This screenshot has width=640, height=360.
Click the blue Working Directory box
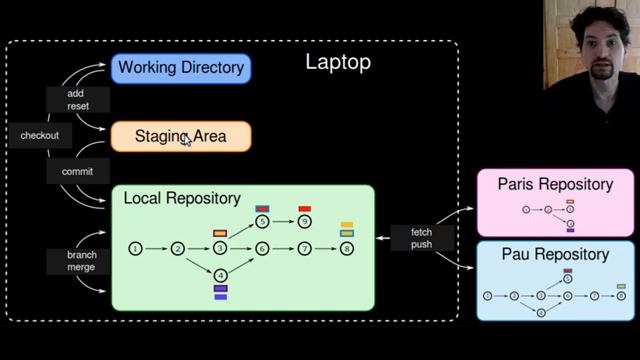[180, 68]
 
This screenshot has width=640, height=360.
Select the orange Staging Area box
[180, 136]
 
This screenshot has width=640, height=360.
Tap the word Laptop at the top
[338, 63]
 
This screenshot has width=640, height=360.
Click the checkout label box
[40, 135]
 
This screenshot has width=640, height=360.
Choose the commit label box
[77, 171]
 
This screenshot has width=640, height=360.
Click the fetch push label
[421, 238]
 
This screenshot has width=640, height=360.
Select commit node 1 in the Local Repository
[136, 248]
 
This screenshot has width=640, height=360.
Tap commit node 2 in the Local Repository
[177, 248]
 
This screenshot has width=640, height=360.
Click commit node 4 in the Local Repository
[220, 275]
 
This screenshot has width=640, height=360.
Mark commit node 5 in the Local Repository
[262, 221]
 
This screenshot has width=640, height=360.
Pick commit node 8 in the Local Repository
[347, 248]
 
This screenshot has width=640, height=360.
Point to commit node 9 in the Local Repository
[304, 221]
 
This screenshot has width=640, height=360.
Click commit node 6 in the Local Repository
[262, 248]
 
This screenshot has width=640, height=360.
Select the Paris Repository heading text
[555, 184]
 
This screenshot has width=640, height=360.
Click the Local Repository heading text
[181, 199]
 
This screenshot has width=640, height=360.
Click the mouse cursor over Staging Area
[186, 140]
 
